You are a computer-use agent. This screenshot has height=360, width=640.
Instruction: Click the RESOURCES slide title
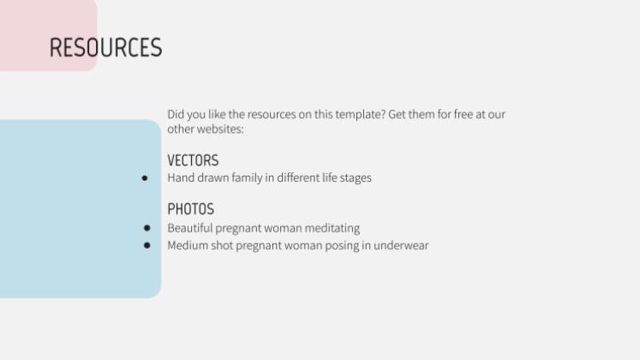pyautogui.click(x=105, y=47)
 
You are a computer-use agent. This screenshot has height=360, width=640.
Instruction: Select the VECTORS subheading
pyautogui.click(x=193, y=160)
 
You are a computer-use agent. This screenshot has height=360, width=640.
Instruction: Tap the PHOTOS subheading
pyautogui.click(x=190, y=209)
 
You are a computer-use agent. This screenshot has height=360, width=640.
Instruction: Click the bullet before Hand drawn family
pyautogui.click(x=145, y=178)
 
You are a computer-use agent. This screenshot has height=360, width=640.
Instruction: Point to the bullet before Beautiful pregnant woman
pyautogui.click(x=147, y=228)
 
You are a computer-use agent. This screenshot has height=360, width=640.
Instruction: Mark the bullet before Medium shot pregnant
pyautogui.click(x=147, y=245)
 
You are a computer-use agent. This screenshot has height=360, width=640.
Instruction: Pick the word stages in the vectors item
pyautogui.click(x=355, y=178)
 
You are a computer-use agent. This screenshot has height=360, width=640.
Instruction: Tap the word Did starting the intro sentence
pyautogui.click(x=176, y=114)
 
